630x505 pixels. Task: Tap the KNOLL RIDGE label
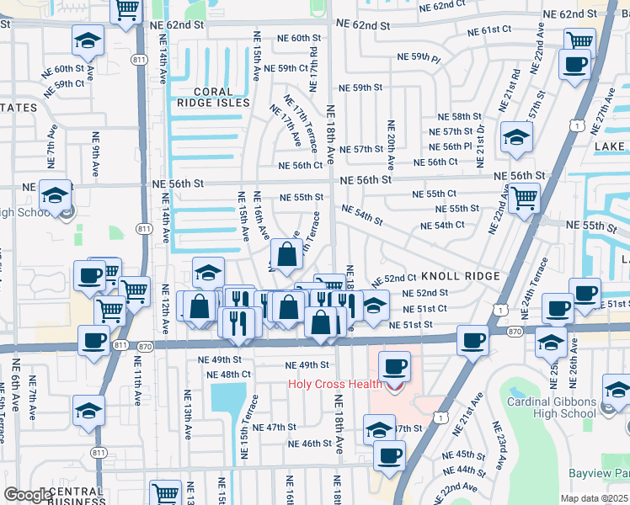460,276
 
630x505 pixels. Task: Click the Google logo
27,495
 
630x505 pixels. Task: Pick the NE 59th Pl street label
419,58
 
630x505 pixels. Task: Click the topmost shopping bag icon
286,252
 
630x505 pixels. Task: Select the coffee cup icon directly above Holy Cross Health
394,366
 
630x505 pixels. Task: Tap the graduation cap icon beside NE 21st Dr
516,136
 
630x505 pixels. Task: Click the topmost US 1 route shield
574,125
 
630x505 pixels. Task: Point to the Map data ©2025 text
595,497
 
